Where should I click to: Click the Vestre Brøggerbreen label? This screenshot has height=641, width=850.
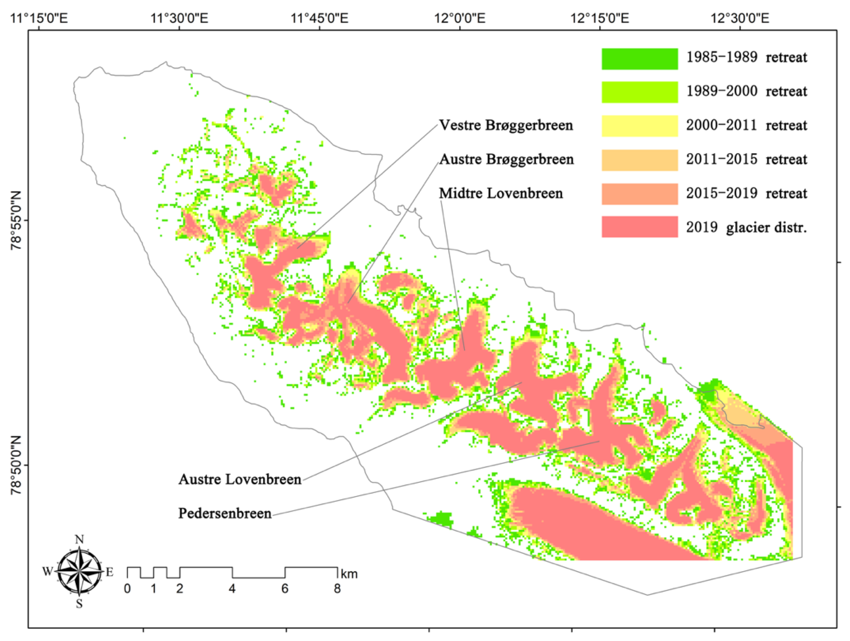coord(506,125)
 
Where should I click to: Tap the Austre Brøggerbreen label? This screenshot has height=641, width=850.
coord(506,159)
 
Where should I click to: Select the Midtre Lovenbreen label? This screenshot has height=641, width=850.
coord(501,193)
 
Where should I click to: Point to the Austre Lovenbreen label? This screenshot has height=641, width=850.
coord(240,479)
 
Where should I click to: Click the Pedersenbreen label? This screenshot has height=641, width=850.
coord(225,513)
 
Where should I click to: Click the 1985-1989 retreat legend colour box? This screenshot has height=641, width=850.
coord(640,59)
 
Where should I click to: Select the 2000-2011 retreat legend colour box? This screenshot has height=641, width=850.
coord(640,125)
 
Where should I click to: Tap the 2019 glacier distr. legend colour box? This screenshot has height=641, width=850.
coord(640,227)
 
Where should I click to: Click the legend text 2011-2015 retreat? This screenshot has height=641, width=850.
coord(746,159)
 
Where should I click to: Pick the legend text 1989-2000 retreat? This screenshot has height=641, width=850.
coord(746,91)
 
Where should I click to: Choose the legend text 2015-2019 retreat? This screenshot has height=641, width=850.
coord(746,193)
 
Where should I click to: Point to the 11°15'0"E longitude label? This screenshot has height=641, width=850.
coord(39,18)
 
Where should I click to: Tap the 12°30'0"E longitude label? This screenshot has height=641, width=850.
coord(740,18)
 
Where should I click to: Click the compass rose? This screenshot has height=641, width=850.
coord(79,571)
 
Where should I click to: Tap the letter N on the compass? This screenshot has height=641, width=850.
coord(79,540)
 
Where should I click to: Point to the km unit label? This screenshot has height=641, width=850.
coord(349,574)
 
